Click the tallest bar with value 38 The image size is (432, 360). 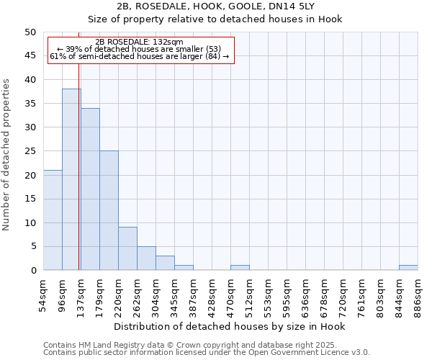[71, 180]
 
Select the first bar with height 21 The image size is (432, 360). [53, 220]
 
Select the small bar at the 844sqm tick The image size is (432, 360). [408, 268]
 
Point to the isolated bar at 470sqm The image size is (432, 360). [240, 268]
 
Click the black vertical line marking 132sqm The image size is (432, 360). [78, 144]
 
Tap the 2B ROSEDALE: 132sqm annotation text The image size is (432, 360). [139, 42]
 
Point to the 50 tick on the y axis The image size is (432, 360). [30, 32]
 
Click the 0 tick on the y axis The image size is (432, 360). [32, 271]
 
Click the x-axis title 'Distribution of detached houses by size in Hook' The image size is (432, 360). [230, 327]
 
